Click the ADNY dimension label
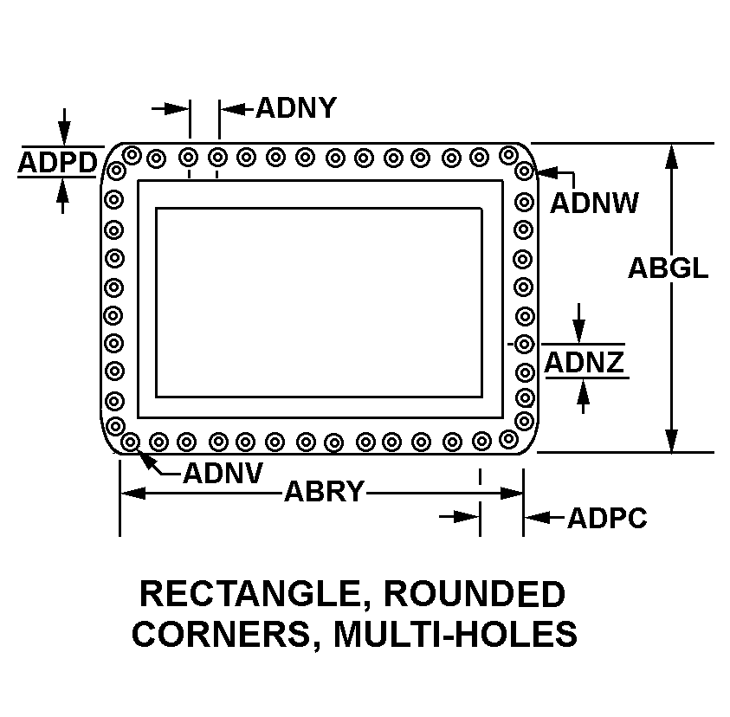[x=296, y=108]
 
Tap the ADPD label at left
[x=58, y=163]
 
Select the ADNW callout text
[x=594, y=203]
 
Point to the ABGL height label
[x=668, y=268]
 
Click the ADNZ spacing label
[x=584, y=362]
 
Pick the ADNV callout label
[x=223, y=474]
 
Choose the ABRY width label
[x=324, y=492]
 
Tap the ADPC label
[x=607, y=518]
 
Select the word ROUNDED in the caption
[x=475, y=594]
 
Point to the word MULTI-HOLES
[x=455, y=634]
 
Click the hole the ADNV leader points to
[x=131, y=442]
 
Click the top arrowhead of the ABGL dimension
[x=671, y=156]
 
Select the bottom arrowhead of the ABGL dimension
[x=671, y=440]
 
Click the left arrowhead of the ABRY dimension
[x=133, y=493]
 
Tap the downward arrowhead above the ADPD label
[x=65, y=132]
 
